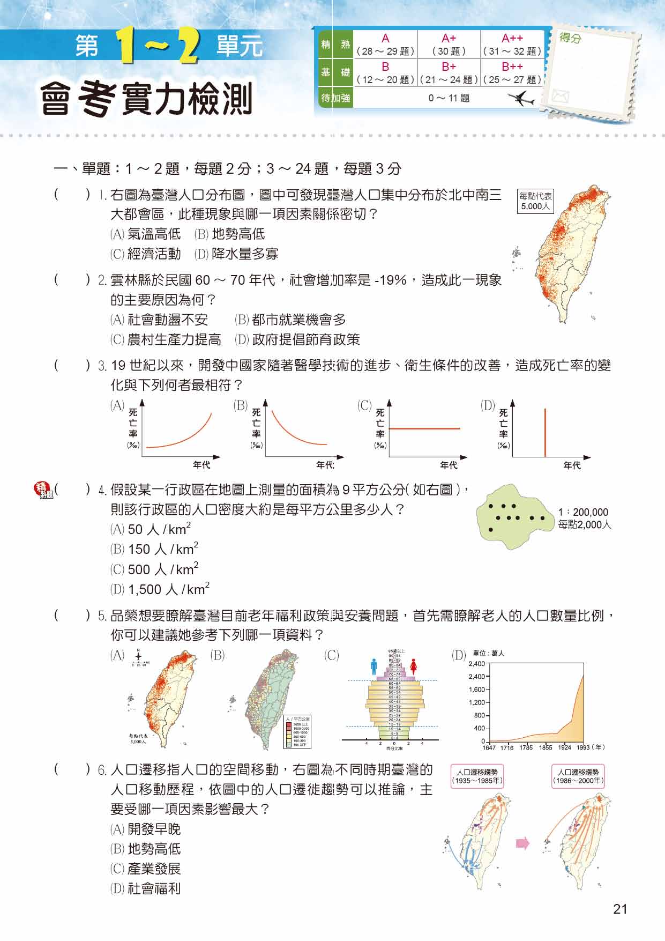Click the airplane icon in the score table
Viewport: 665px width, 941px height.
tap(519, 99)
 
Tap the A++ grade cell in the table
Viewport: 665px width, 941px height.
tap(512, 45)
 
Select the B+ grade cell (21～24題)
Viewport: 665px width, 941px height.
tap(449, 73)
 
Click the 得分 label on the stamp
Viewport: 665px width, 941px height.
tap(570, 39)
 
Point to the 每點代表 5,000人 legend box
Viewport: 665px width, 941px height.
tap(535, 201)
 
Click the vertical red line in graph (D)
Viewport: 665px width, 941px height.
tap(546, 432)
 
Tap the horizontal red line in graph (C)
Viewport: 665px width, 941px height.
tap(424, 428)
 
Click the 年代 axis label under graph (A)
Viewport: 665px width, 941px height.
tap(201, 465)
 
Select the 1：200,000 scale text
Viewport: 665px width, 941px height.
tap(583, 512)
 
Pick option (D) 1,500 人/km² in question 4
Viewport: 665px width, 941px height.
tap(160, 590)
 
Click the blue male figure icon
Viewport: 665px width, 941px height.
tap(374, 667)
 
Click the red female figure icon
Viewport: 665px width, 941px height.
tap(413, 667)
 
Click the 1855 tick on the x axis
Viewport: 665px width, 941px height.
tap(546, 747)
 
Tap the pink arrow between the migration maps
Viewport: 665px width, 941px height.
tap(522, 843)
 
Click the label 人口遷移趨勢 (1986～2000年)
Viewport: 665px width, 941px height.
tap(578, 776)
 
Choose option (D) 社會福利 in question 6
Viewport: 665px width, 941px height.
tap(146, 888)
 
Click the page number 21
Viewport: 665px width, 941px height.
tap(620, 909)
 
